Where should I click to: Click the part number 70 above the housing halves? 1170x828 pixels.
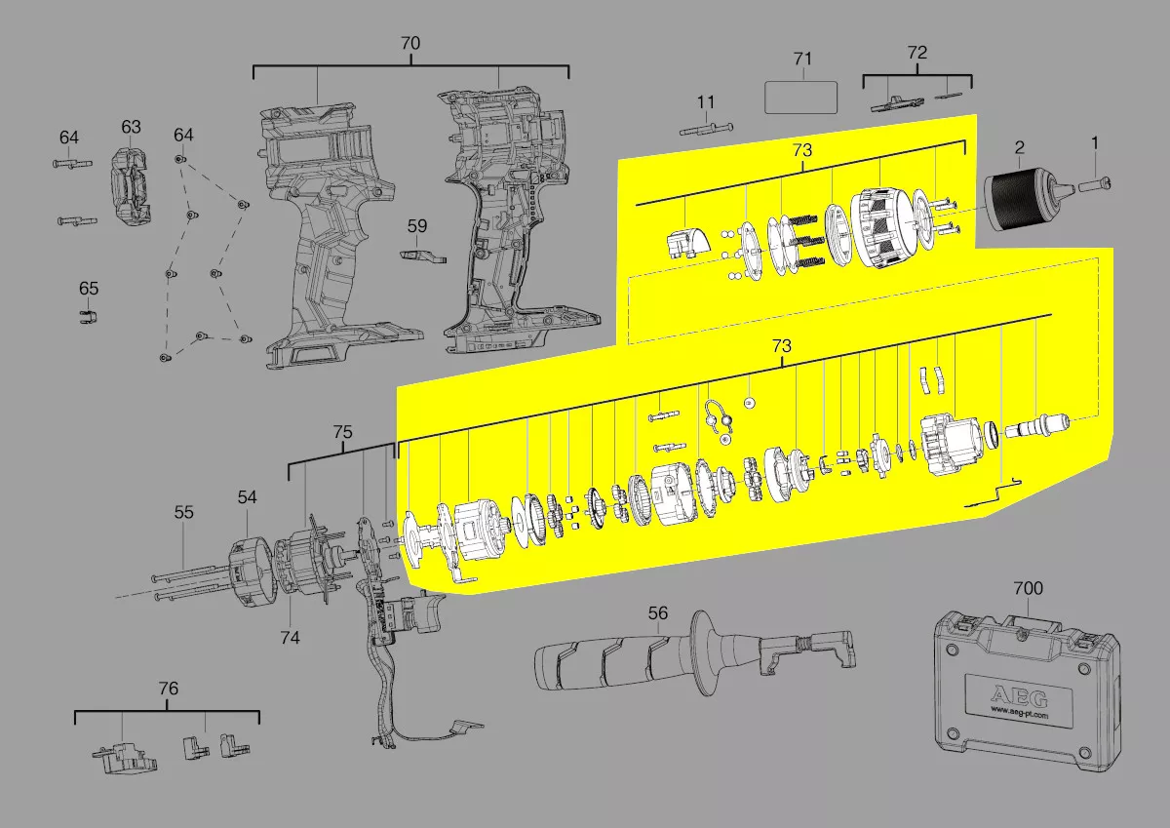click(410, 43)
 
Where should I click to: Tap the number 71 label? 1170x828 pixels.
click(802, 59)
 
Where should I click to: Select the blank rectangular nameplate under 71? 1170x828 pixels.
click(800, 98)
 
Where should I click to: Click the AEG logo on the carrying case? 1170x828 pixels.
click(1019, 697)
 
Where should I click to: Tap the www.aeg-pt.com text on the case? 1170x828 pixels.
click(1019, 712)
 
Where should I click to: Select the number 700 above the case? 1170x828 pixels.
click(1028, 589)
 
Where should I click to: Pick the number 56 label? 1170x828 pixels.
click(657, 613)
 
